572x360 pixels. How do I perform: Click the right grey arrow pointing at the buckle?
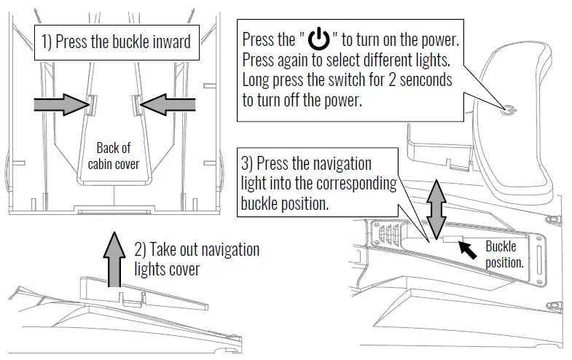click(x=163, y=106)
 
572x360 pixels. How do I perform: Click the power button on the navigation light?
click(x=509, y=110)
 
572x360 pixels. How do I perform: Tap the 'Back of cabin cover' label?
click(x=113, y=156)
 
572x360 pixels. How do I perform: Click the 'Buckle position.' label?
click(x=504, y=254)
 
